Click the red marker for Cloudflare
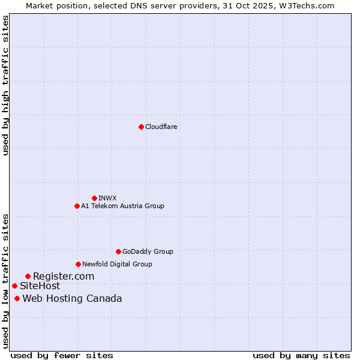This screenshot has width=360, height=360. pyautogui.click(x=141, y=127)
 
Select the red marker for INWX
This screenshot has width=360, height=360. pyautogui.click(x=94, y=198)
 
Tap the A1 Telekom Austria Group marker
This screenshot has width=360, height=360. pyautogui.click(x=77, y=206)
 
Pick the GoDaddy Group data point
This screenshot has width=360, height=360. pyautogui.click(x=118, y=251)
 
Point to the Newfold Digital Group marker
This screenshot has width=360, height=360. pyautogui.click(x=78, y=264)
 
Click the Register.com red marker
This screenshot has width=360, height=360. pyautogui.click(x=28, y=276)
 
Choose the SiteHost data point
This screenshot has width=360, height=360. pyautogui.click(x=14, y=286)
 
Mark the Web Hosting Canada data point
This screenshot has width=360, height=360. pyautogui.click(x=17, y=298)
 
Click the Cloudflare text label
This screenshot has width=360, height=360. pyautogui.click(x=161, y=127)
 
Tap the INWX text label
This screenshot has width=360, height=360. pyautogui.click(x=107, y=198)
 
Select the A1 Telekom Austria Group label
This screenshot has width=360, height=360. pyautogui.click(x=122, y=206)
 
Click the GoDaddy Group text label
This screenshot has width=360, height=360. pyautogui.click(x=148, y=251)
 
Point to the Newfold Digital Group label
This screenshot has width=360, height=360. pyautogui.click(x=117, y=264)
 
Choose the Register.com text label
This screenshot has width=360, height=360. pyautogui.click(x=64, y=276)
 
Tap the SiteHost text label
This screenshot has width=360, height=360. pyautogui.click(x=40, y=286)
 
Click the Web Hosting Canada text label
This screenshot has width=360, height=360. pyautogui.click(x=72, y=298)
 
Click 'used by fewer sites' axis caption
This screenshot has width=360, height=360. pyautogui.click(x=62, y=355)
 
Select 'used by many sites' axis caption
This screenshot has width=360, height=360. pyautogui.click(x=301, y=355)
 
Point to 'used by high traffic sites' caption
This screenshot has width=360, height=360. pyautogui.click(x=6, y=85)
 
